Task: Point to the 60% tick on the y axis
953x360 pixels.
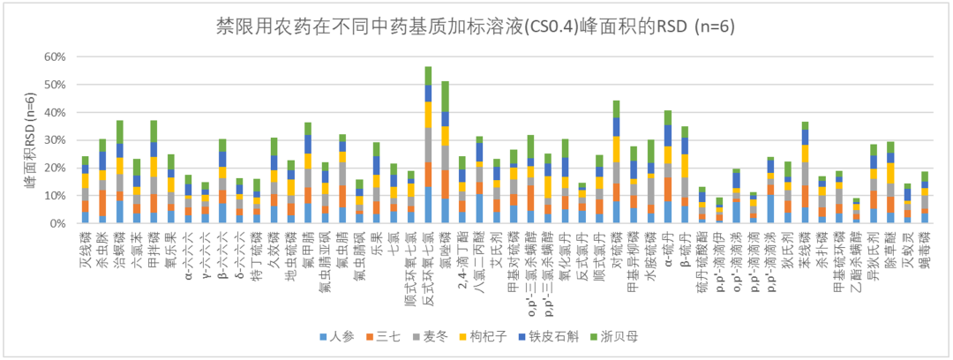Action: [x=53, y=56]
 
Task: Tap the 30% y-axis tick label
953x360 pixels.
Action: [x=53, y=140]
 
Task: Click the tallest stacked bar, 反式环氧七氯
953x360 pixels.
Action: [x=428, y=146]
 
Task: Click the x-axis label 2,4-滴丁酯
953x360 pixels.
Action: [x=461, y=255]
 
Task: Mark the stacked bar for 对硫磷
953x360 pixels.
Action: [x=616, y=162]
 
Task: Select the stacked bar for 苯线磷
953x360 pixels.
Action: [x=805, y=173]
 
